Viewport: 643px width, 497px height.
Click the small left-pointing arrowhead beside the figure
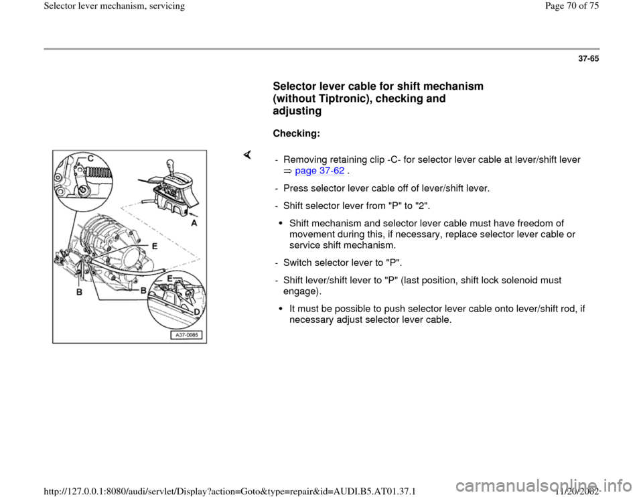click(247, 155)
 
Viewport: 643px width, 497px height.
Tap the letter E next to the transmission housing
click(155, 246)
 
